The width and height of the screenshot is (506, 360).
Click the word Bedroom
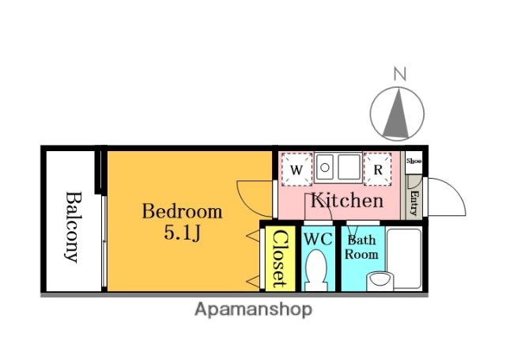[183, 211]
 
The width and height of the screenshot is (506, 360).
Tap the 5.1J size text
[183, 232]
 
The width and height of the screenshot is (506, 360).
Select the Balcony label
[73, 227]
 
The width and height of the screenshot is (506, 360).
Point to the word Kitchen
[347, 200]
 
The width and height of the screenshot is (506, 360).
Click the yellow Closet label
[279, 259]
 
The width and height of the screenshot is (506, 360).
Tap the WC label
[318, 240]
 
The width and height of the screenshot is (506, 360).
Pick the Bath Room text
[361, 248]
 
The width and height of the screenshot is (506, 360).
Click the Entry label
[414, 203]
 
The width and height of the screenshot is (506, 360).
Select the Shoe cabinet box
[413, 162]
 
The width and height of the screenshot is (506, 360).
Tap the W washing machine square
[296, 169]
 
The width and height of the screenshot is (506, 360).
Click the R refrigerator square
[378, 169]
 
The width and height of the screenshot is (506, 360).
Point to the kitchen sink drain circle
[325, 168]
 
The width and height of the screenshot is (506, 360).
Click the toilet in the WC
[316, 271]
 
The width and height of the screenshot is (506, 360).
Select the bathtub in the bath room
[404, 258]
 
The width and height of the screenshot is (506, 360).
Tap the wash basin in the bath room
[380, 280]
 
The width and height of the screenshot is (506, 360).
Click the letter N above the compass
[400, 74]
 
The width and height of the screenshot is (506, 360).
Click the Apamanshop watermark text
[253, 310]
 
